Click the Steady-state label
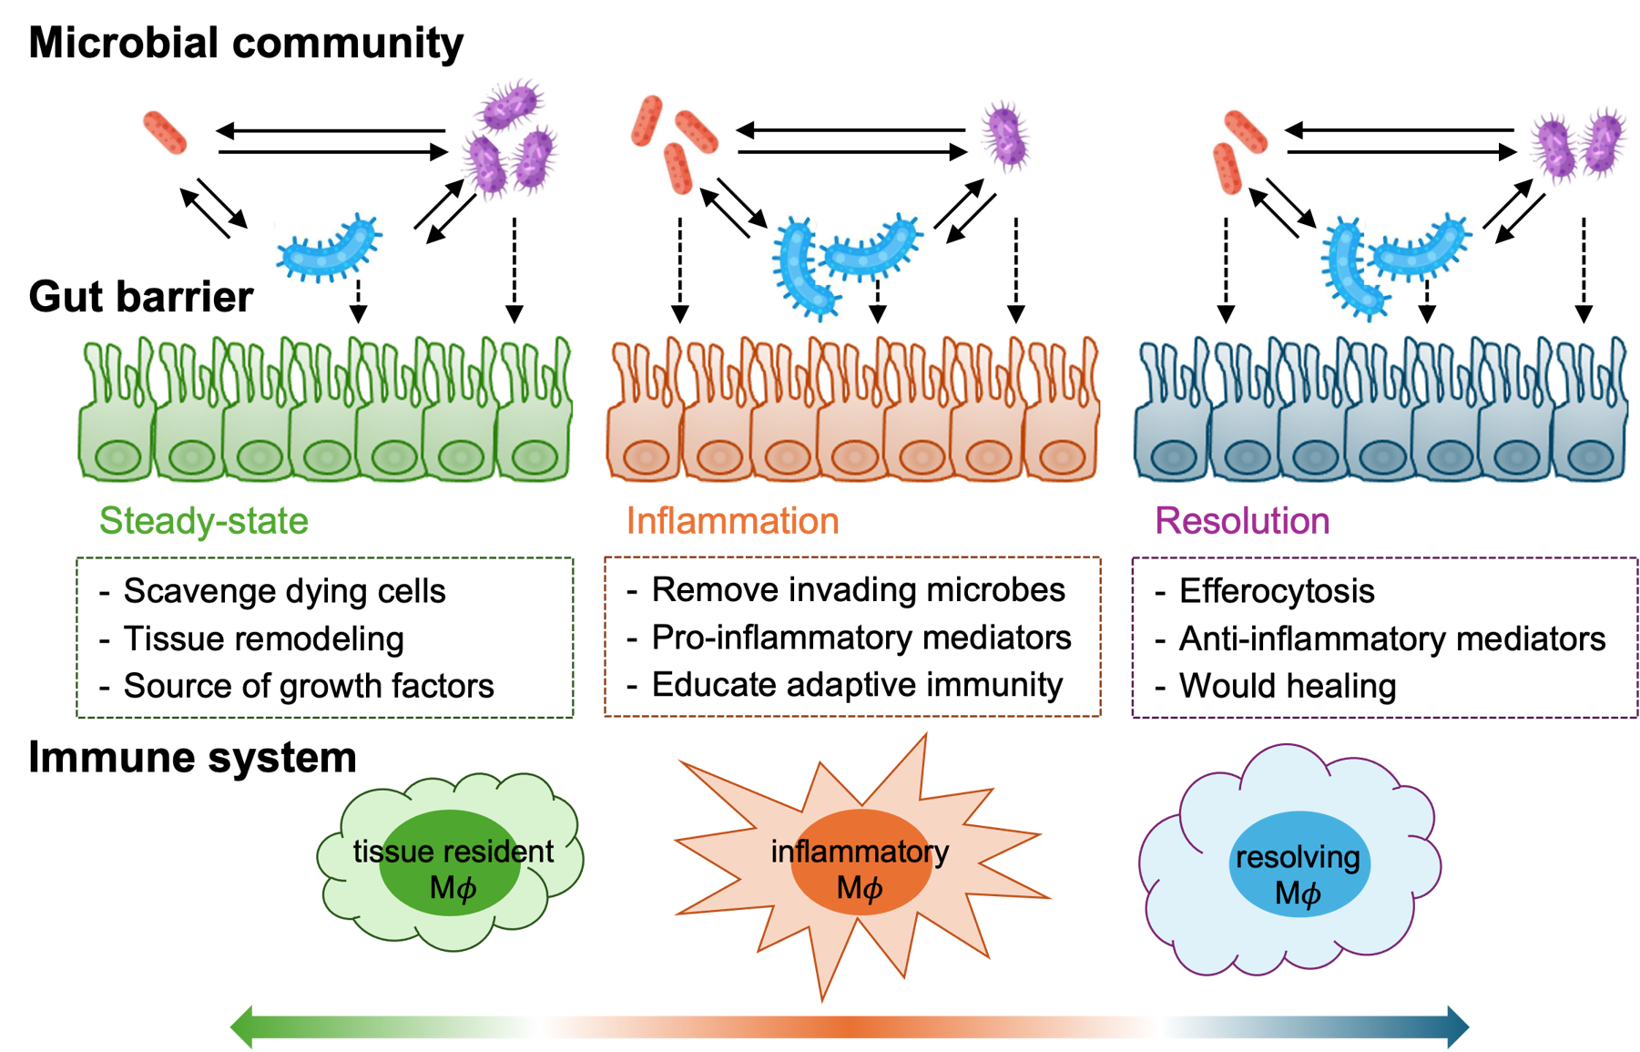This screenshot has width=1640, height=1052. pyautogui.click(x=203, y=521)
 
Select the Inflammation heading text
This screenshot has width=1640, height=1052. pyautogui.click(x=732, y=521)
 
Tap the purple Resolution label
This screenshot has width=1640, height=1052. pyautogui.click(x=1242, y=521)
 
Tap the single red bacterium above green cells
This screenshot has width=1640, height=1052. pyautogui.click(x=164, y=132)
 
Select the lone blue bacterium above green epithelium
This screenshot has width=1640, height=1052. pyautogui.click(x=329, y=248)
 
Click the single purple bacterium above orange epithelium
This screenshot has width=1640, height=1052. pyautogui.click(x=1007, y=134)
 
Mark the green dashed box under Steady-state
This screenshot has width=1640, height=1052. pyautogui.click(x=325, y=638)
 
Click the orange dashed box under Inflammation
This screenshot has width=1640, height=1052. pyautogui.click(x=852, y=638)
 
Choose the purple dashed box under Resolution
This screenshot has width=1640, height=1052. pyautogui.click(x=1384, y=638)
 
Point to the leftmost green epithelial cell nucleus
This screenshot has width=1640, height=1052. pyautogui.click(x=118, y=456)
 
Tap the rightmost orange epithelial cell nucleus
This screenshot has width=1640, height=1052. pyautogui.click(x=1060, y=456)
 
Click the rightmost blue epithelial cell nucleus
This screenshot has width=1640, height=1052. pyautogui.click(x=1589, y=456)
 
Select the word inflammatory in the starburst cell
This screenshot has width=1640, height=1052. pyautogui.click(x=860, y=852)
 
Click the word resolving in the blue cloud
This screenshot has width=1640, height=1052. pyautogui.click(x=1298, y=857)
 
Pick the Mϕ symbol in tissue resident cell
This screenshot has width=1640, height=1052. pyautogui.click(x=453, y=888)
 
